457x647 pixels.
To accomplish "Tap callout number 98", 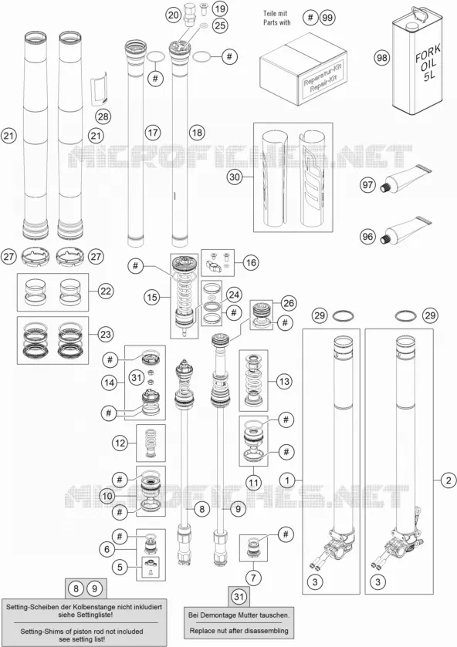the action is click(x=382, y=57).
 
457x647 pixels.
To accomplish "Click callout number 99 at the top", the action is click(x=327, y=17).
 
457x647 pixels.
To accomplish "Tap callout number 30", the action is click(x=234, y=177).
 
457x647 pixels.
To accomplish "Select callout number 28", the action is click(x=103, y=116).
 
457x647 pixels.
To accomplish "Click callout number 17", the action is click(x=153, y=133).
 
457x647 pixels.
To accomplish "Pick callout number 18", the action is click(x=197, y=133).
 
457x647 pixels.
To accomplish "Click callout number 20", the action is click(x=174, y=15).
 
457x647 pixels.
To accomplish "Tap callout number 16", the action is click(x=251, y=262).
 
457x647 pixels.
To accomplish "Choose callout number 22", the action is click(x=106, y=291).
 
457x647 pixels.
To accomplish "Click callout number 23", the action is click(x=106, y=334).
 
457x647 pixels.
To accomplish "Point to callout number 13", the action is click(x=284, y=381).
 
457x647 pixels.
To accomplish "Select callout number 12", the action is click(x=120, y=443).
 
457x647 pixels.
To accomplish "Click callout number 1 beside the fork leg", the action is click(x=287, y=480).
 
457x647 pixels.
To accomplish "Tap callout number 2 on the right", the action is click(x=449, y=480).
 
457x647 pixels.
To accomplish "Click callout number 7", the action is click(x=253, y=578).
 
